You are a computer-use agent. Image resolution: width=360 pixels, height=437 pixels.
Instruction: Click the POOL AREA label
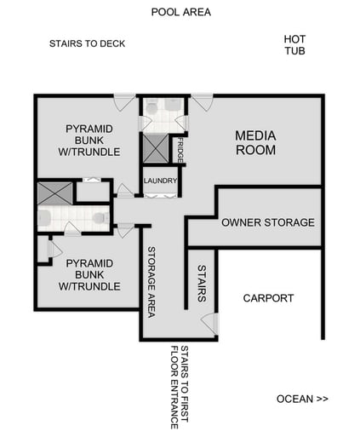click(180, 12)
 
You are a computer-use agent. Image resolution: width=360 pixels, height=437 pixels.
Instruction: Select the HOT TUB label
click(294, 45)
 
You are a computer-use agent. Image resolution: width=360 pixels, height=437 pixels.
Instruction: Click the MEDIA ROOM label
click(255, 142)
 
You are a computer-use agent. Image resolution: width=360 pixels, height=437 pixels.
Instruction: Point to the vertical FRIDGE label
click(180, 150)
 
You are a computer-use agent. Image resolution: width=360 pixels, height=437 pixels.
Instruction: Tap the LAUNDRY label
click(160, 181)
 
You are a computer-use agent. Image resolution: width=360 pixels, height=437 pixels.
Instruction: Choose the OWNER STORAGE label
click(268, 222)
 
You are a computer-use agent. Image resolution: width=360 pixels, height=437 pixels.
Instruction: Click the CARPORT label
click(268, 298)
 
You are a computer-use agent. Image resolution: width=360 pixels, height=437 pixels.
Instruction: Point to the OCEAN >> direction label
click(302, 399)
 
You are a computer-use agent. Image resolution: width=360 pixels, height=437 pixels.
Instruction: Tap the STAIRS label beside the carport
click(202, 282)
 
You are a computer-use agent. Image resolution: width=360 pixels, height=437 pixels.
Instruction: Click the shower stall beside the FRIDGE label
click(156, 149)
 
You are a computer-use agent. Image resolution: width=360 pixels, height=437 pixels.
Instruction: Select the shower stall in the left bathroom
click(54, 193)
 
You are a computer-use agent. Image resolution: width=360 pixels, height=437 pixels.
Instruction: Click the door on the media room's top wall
click(201, 102)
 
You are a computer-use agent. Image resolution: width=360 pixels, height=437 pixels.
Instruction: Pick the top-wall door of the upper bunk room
click(125, 102)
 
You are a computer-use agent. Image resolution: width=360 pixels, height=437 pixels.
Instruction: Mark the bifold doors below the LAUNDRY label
click(160, 195)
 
